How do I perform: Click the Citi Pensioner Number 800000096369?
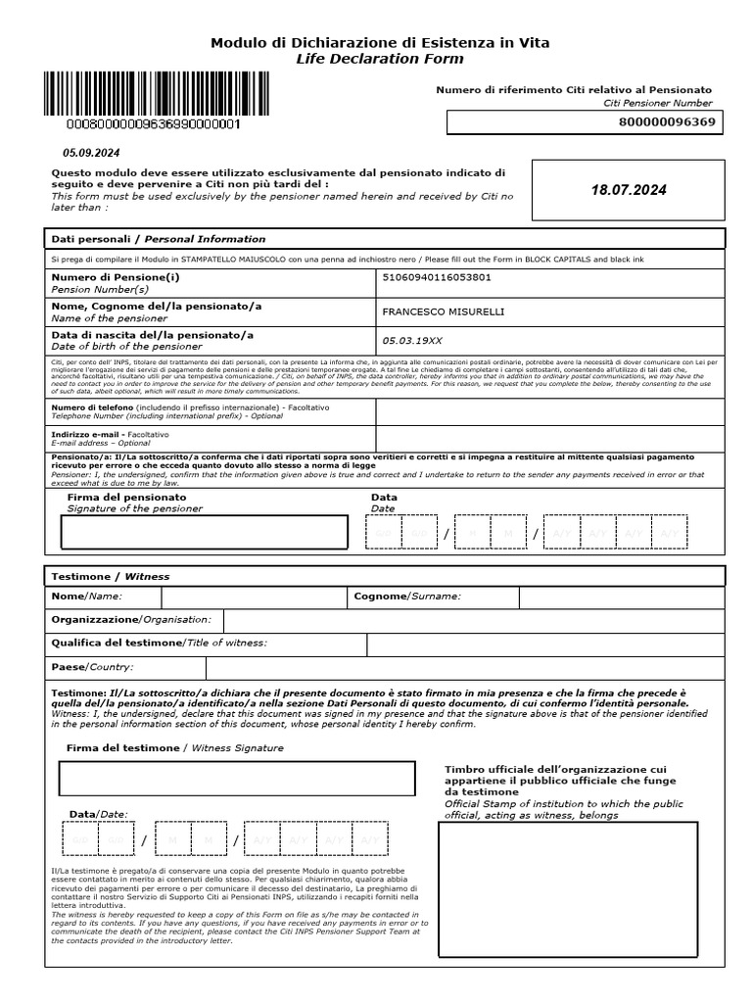coord(668,122)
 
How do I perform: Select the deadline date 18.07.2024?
coord(629,190)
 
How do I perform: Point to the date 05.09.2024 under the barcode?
coord(91,153)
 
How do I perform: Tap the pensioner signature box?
coord(204,532)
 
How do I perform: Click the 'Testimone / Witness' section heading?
coord(109,577)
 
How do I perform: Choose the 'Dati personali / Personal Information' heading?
coord(158,239)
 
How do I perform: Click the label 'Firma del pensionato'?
coord(126,497)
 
